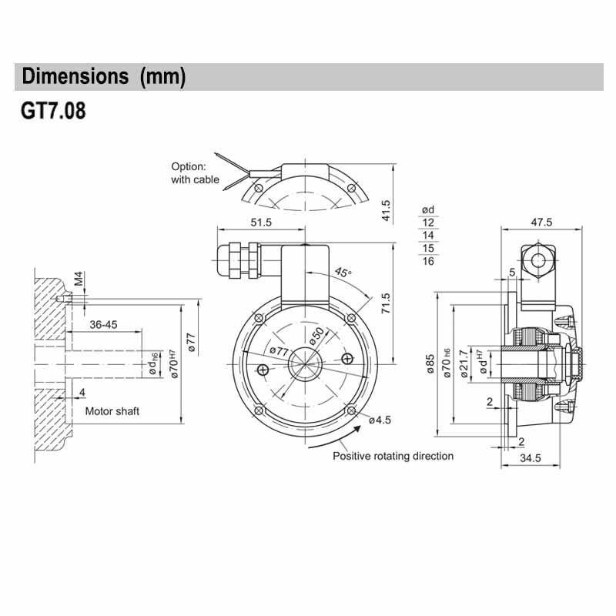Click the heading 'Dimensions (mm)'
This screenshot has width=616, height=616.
(104, 77)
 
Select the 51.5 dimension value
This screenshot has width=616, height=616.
(261, 223)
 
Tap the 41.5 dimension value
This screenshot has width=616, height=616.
(387, 211)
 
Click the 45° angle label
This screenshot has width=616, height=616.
(343, 273)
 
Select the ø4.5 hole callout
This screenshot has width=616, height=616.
(380, 420)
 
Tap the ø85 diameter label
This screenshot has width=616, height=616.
(430, 364)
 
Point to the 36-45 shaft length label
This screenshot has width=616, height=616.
(103, 324)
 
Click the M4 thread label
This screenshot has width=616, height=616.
(78, 278)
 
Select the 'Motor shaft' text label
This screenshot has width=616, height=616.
(112, 411)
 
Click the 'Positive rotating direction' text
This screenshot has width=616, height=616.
(393, 456)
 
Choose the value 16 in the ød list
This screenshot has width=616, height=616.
(429, 261)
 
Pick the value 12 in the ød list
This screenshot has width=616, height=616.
(429, 223)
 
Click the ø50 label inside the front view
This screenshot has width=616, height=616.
(316, 336)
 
